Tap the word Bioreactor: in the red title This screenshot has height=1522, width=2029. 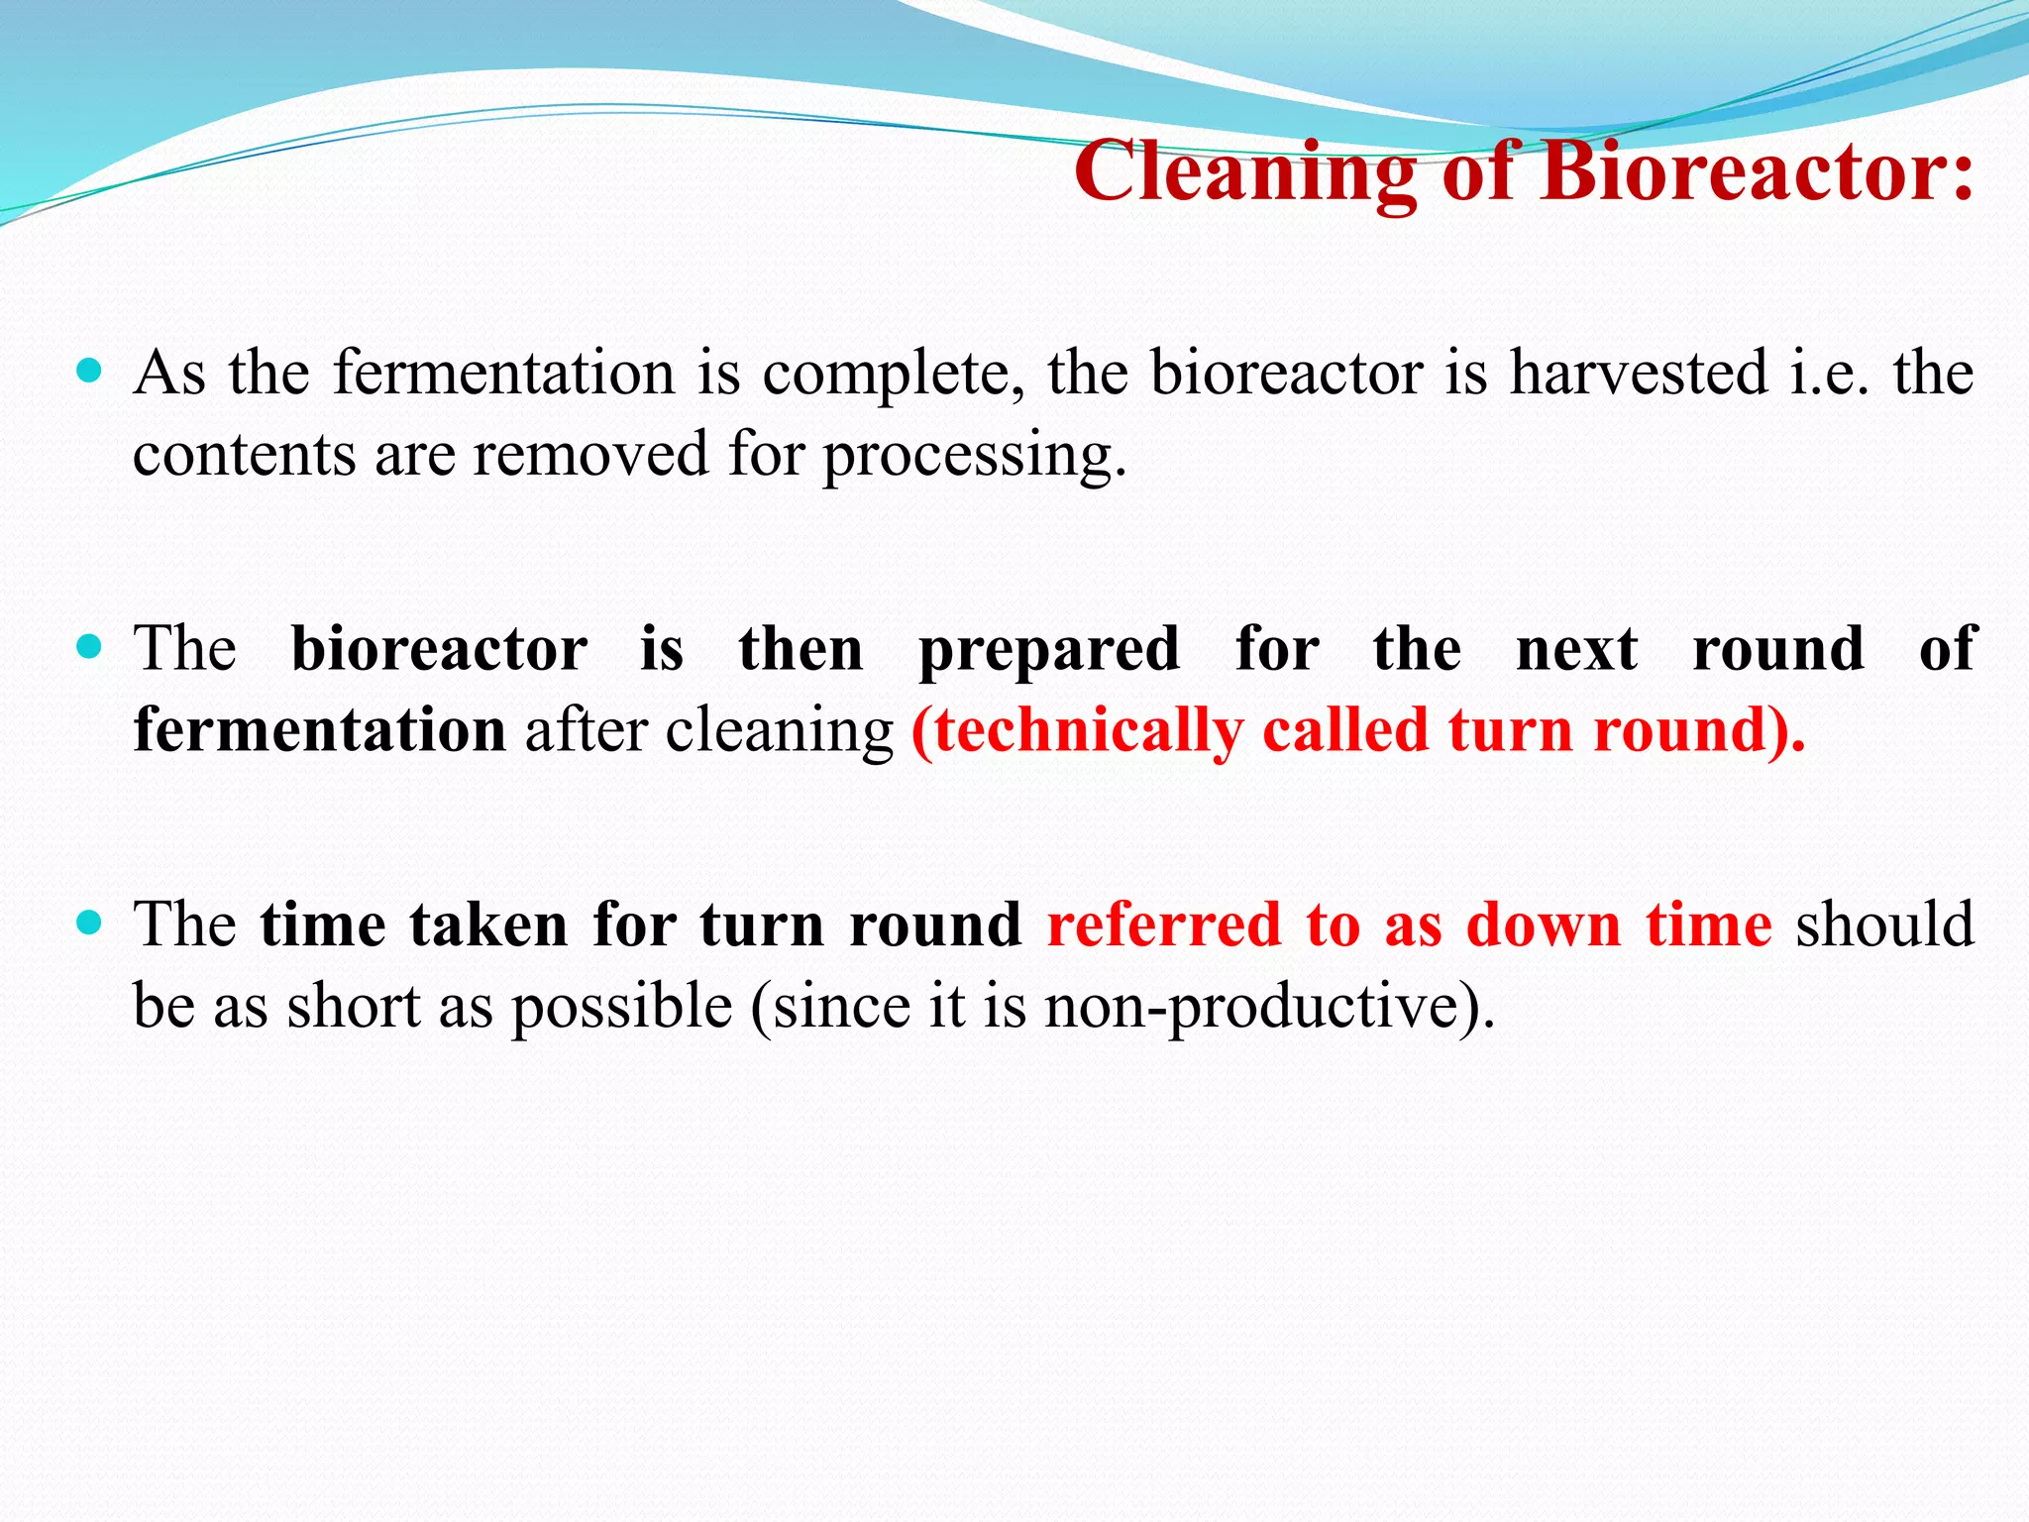pyautogui.click(x=1757, y=170)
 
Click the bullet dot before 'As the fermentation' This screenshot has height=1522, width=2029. pyautogui.click(x=89, y=372)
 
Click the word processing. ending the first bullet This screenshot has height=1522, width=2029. pyautogui.click(x=975, y=456)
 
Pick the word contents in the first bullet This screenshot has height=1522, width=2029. pyautogui.click(x=244, y=455)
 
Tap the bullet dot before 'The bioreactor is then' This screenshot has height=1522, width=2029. pyautogui.click(x=89, y=647)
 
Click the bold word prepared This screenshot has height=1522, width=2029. pyautogui.click(x=1049, y=652)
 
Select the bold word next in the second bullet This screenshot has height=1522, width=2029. pyautogui.click(x=1577, y=650)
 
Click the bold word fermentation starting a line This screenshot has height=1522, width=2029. pyautogui.click(x=320, y=730)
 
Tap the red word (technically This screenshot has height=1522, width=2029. pyautogui.click(x=1076, y=732)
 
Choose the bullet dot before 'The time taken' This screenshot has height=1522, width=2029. pyautogui.click(x=89, y=924)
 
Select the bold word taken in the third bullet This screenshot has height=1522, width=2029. pyautogui.click(x=488, y=925)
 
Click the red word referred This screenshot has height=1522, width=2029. pyautogui.click(x=1164, y=925)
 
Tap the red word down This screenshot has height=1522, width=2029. pyautogui.click(x=1544, y=925)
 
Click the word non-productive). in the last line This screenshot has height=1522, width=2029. pyautogui.click(x=1269, y=1008)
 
